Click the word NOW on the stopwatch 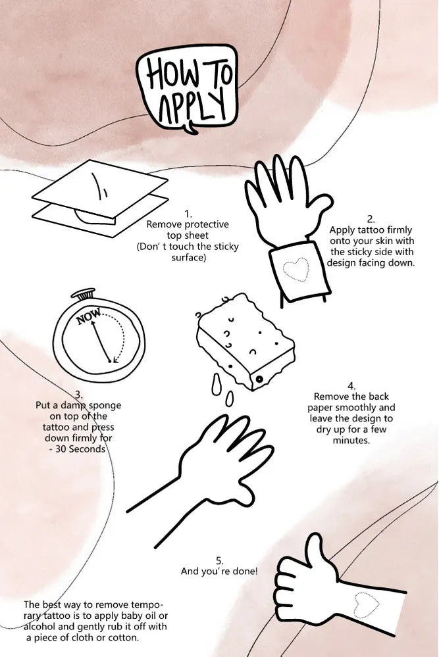[x=88, y=316]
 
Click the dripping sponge [x=245, y=341]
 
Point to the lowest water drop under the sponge [x=229, y=399]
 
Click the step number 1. [x=188, y=214]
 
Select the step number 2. [x=371, y=219]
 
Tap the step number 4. [x=351, y=386]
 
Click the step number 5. [x=220, y=561]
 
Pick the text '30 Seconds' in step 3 [x=80, y=449]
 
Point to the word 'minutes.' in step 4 [x=351, y=441]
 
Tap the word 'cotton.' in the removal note [x=124, y=638]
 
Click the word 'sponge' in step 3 [x=105, y=406]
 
